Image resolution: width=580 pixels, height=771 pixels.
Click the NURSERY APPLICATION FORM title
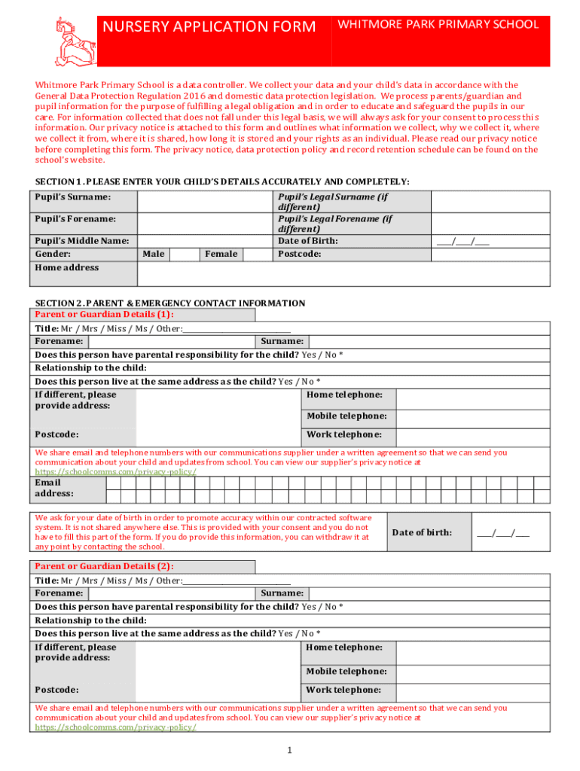click(209, 27)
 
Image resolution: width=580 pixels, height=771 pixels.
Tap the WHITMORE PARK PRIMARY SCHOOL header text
click(438, 24)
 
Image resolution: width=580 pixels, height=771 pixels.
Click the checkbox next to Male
click(184, 254)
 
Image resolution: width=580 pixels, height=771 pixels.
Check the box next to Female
click(261, 254)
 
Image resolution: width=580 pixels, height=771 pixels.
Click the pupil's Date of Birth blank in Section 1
click(462, 242)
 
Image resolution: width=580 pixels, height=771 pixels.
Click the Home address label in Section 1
click(67, 268)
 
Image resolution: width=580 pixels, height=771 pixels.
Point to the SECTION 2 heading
click(170, 303)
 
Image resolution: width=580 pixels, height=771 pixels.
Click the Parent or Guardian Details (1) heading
click(105, 315)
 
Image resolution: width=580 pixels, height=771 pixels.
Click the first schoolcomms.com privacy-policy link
click(116, 472)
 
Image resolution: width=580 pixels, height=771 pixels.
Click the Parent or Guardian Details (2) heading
click(105, 566)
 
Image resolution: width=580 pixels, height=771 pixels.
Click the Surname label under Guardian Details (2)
click(282, 593)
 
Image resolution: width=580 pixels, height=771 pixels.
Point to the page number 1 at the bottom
click(289, 751)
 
